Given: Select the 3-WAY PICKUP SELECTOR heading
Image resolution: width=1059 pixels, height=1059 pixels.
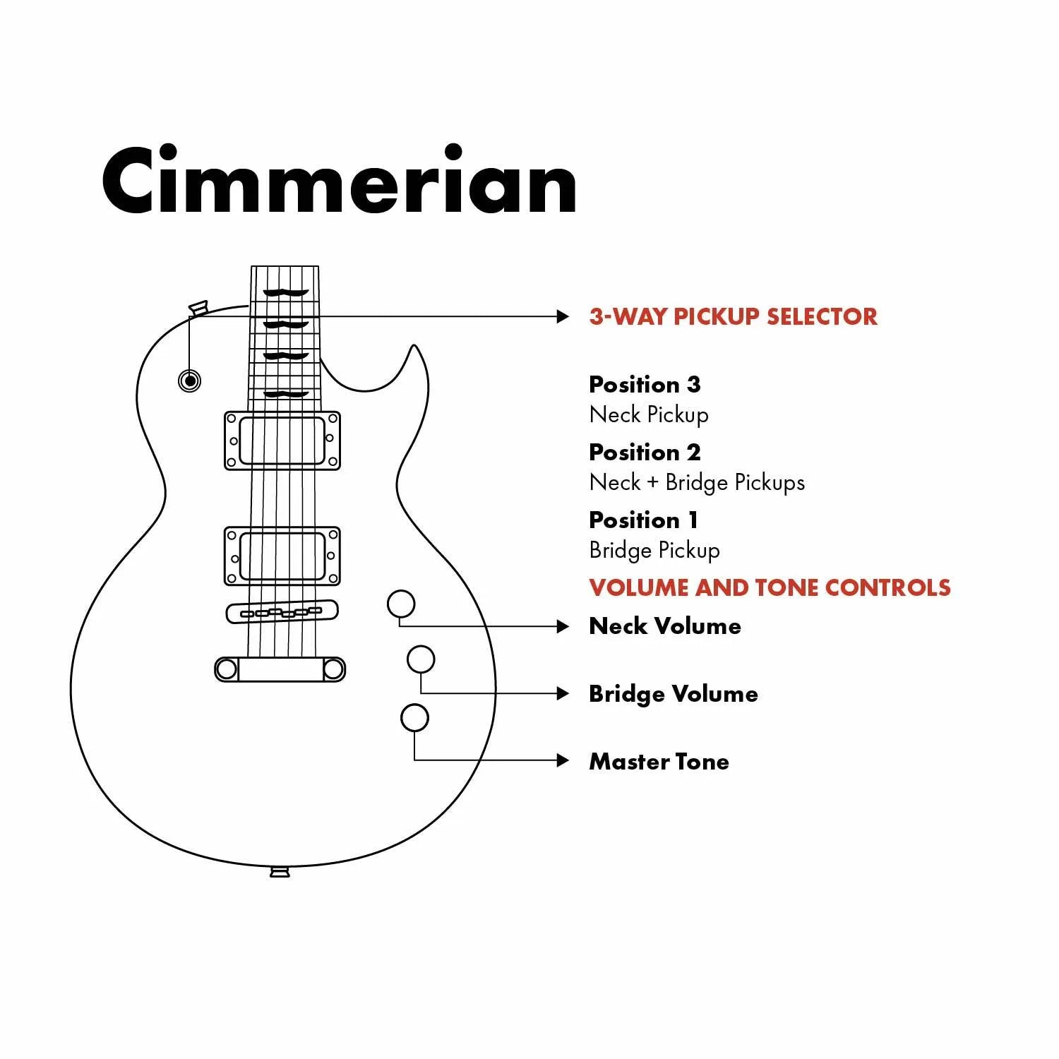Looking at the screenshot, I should click(733, 316).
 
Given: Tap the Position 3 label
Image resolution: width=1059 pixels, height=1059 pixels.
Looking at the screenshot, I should click(645, 385).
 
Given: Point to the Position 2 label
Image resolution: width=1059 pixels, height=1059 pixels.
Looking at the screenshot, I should click(645, 453).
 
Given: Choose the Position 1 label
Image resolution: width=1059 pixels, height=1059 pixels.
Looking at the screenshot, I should click(643, 520).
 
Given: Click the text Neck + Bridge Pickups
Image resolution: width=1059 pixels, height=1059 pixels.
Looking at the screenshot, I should click(697, 483).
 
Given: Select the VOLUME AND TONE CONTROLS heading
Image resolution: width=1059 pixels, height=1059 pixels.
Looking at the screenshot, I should click(770, 588).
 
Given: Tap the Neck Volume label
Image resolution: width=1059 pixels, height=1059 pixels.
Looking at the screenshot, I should click(665, 626).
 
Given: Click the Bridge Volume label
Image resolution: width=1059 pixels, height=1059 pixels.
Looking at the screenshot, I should click(674, 694).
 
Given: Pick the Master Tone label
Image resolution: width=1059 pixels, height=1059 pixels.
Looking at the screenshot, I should click(659, 762).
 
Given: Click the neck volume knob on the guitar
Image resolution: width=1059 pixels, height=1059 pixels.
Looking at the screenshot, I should click(401, 604).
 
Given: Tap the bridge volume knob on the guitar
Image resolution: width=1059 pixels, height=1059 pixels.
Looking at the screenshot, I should click(421, 659).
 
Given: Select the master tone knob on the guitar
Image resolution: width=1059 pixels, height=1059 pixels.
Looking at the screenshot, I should click(414, 717).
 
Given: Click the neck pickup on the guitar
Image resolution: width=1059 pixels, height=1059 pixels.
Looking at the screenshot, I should click(282, 441).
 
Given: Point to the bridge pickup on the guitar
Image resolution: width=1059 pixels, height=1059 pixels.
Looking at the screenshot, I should click(282, 556).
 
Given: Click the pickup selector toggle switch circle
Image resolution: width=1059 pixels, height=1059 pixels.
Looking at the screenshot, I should click(189, 381).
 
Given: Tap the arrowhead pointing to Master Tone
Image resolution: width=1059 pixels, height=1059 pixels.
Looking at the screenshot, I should click(563, 760).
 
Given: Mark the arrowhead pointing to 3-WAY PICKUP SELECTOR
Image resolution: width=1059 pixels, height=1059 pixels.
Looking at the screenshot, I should click(563, 316).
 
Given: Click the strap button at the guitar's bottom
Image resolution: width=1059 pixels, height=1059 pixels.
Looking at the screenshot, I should click(280, 873).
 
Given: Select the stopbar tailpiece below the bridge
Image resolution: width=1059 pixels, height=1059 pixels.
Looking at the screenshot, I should click(280, 669).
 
